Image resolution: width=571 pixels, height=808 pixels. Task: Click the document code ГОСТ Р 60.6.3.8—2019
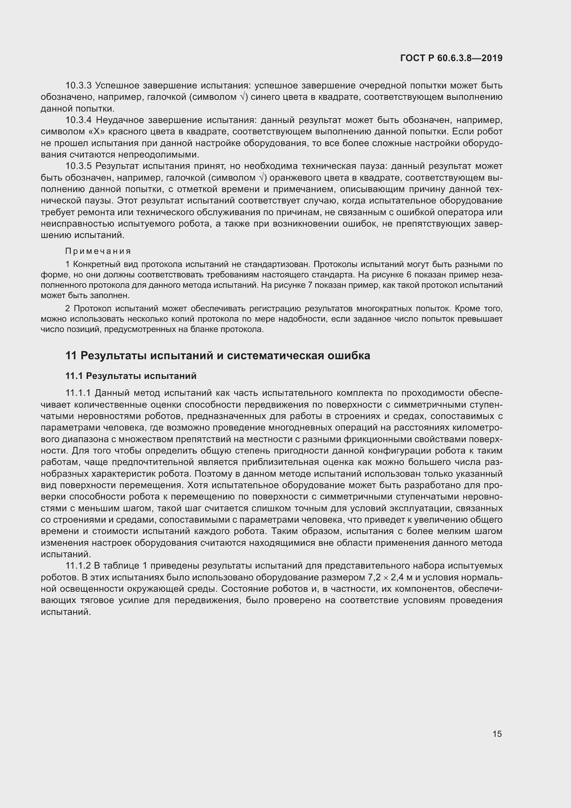[x=451, y=58]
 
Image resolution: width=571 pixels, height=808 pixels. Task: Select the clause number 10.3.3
[x=78, y=86]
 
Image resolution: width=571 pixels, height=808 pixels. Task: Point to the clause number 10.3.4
[x=78, y=120]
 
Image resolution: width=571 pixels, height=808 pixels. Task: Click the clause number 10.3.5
[x=78, y=166]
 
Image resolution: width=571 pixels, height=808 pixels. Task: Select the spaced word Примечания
[x=98, y=251]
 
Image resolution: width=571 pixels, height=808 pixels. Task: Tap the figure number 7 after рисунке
[x=310, y=285]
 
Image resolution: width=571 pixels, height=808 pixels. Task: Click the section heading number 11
[x=71, y=356]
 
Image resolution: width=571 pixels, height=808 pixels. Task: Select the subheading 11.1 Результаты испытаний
[x=131, y=376]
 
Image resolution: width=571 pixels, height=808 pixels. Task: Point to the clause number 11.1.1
[x=78, y=393]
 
